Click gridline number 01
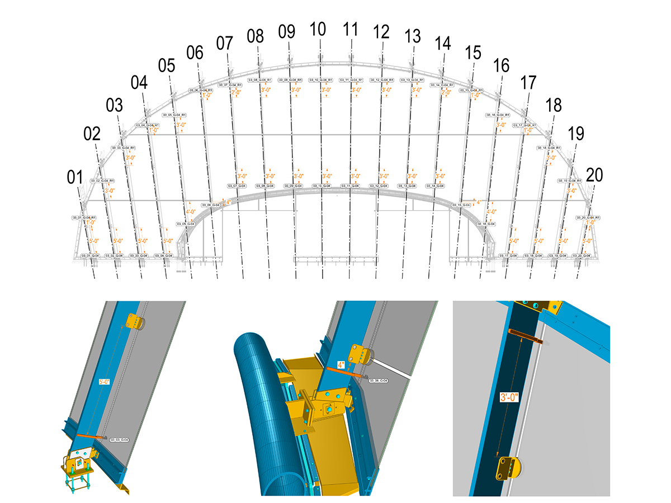click(75, 178)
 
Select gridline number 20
click(595, 175)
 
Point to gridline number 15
click(473, 53)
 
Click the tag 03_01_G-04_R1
click(84, 217)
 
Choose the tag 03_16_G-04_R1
click(498, 115)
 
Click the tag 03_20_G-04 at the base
click(582, 255)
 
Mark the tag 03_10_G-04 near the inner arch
click(322, 186)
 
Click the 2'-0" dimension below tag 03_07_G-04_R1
click(236, 93)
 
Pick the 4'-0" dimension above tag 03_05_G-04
click(191, 212)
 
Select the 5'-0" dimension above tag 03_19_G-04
click(562, 241)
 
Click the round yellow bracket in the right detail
click(508, 468)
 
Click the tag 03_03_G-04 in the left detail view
click(119, 440)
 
